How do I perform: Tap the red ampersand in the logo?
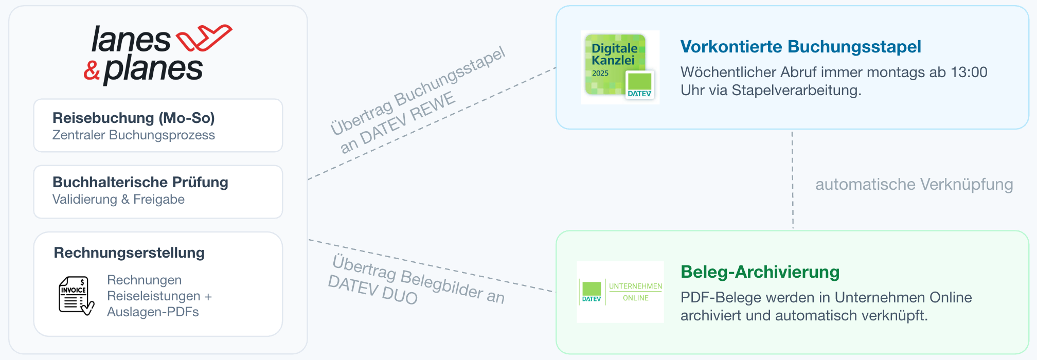92,70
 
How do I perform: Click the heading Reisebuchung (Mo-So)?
134,118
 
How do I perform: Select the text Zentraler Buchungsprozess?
134,135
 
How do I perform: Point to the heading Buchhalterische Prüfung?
140,182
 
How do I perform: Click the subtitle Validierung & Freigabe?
118,200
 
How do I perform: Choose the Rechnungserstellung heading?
129,253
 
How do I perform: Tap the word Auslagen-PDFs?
153,312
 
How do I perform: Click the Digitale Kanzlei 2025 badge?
620,67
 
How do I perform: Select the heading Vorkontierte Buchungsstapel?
800,47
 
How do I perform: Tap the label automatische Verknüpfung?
914,184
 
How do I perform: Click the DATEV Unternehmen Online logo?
620,292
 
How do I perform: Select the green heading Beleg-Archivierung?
760,272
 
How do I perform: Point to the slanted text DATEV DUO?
372,290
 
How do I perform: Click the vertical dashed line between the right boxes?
793,180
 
